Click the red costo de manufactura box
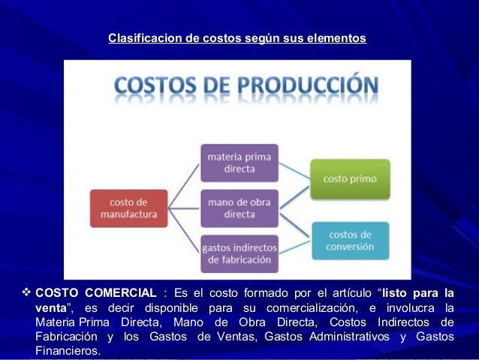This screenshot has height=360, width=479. [127, 208]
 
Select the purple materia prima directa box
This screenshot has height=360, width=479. [239, 162]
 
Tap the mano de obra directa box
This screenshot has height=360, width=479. [239, 208]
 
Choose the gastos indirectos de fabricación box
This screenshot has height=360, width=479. [239, 253]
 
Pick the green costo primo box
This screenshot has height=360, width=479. [350, 179]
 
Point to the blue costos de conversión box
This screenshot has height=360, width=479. [350, 241]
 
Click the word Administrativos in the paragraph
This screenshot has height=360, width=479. [345, 336]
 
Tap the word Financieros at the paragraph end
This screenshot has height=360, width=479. [67, 350]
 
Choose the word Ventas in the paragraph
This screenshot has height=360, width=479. [235, 336]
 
